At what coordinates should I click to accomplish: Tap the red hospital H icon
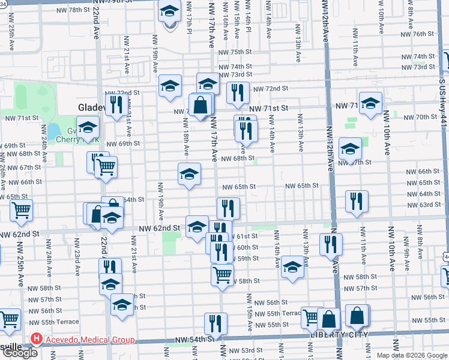click(x=36, y=340)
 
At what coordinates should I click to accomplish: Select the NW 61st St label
click(x=246, y=236)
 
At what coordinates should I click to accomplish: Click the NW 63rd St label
click(x=429, y=205)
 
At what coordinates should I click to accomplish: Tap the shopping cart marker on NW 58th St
click(x=223, y=275)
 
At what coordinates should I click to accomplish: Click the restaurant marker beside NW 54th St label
click(x=215, y=323)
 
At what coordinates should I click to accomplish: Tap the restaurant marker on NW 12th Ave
click(x=331, y=244)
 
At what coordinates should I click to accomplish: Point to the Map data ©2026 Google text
click(x=412, y=355)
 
